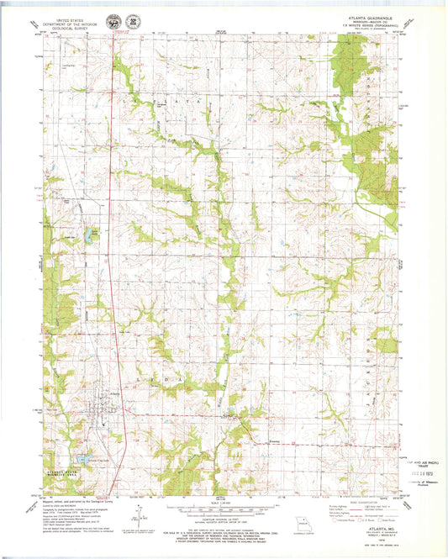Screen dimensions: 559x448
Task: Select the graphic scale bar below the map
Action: pyautogui.click(x=223, y=512)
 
